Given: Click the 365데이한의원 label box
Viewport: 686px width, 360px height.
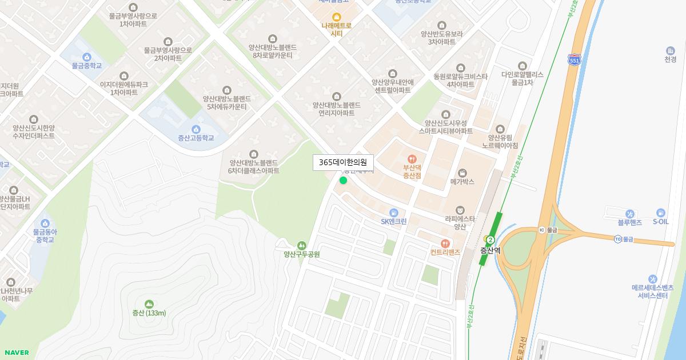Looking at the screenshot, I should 342,162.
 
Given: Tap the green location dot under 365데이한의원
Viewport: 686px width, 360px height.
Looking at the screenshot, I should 343,181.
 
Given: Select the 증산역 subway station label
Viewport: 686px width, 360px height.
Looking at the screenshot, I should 490,250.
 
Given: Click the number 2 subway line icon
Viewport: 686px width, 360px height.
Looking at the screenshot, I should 490,240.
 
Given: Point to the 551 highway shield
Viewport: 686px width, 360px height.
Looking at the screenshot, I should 575,59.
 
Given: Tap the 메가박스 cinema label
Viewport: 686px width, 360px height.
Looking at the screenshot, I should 462,182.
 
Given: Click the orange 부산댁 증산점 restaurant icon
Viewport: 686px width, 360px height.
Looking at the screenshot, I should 412,159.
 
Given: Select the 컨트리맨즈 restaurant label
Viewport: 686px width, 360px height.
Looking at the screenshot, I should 445,252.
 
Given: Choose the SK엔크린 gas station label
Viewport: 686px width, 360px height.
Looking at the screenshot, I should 393,222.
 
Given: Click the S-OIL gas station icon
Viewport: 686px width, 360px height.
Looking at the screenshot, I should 661,213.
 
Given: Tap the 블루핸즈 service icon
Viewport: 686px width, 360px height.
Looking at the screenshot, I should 629,214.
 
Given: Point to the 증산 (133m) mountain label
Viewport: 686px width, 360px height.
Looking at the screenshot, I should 149,313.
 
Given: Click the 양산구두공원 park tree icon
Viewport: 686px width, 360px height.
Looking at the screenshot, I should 302,245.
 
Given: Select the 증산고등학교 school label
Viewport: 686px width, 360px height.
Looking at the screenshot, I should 196,138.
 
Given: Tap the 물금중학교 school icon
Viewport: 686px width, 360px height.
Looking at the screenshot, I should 87,57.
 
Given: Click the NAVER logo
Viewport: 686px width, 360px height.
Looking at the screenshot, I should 17,353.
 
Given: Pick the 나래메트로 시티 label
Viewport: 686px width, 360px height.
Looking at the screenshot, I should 337,29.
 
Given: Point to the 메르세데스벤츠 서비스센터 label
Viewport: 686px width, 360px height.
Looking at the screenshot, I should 652,291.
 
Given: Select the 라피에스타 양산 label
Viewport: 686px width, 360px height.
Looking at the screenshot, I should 460,222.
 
